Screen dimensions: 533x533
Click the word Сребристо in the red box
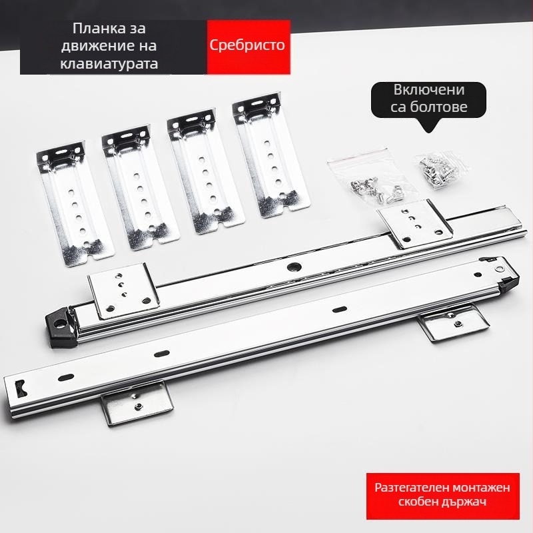[x=247, y=45]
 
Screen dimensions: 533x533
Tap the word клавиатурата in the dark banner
[x=109, y=63]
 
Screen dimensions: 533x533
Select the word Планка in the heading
[x=95, y=28]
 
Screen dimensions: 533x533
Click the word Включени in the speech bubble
[x=429, y=90]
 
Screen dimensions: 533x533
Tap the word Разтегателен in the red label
[x=408, y=488]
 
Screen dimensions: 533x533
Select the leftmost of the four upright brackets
[x=75, y=203]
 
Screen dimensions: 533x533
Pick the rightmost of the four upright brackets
[x=271, y=155]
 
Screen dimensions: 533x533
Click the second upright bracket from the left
[x=140, y=187]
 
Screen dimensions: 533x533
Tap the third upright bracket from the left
[x=205, y=171]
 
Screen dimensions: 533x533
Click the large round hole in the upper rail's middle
[x=294, y=267]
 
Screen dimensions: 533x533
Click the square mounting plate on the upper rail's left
[x=123, y=291]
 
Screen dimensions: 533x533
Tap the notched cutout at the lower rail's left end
[x=21, y=388]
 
